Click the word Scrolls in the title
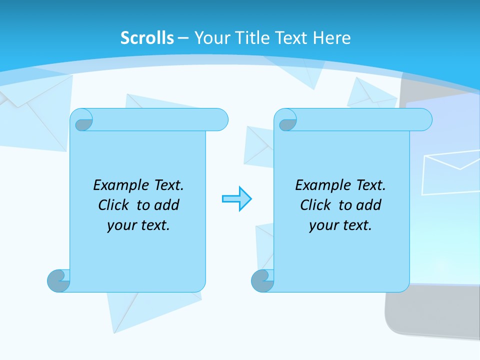pos(147,38)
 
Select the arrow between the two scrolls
pos(236,199)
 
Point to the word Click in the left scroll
pos(114,205)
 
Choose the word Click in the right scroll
pos(316,205)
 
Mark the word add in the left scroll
pos(167,205)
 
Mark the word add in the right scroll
pos(369,205)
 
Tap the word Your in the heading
pos(212,38)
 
